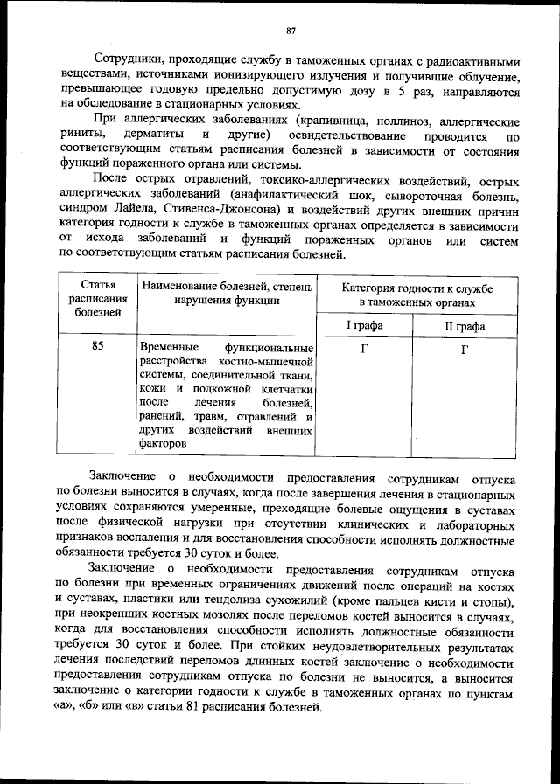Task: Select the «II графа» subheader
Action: (465, 326)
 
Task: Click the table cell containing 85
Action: (97, 346)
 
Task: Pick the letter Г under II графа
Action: (465, 348)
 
